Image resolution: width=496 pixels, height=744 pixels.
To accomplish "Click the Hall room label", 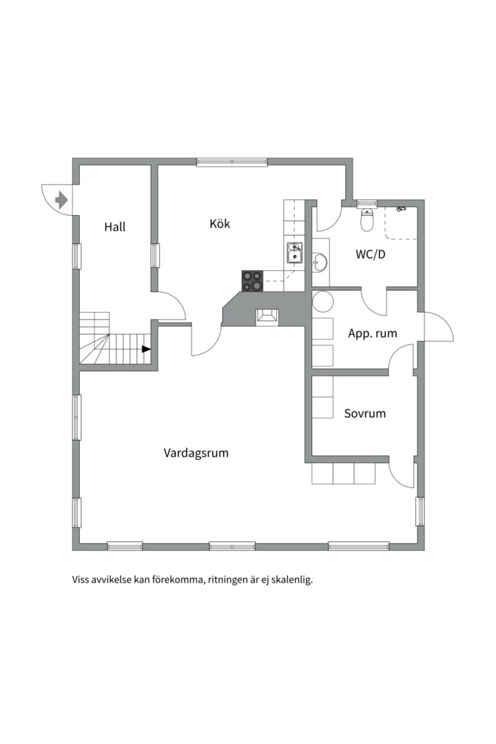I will pyautogui.click(x=115, y=227).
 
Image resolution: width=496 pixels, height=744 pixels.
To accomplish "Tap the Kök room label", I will pyautogui.click(x=220, y=224).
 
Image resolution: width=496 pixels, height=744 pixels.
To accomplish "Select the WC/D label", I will pyautogui.click(x=370, y=254).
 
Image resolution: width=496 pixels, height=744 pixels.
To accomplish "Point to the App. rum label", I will pyautogui.click(x=373, y=333).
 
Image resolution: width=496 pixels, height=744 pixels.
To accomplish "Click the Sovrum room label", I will pyautogui.click(x=364, y=413).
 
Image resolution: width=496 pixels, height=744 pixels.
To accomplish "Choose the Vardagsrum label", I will pyautogui.click(x=196, y=453).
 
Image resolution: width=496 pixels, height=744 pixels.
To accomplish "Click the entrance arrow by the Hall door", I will pyautogui.click(x=61, y=200).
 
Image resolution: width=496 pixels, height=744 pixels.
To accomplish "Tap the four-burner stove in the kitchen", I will pyautogui.click(x=252, y=280).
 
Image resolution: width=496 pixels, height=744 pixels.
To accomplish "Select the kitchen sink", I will pyautogui.click(x=295, y=254).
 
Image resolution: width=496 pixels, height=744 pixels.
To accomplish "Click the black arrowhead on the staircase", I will pyautogui.click(x=146, y=349).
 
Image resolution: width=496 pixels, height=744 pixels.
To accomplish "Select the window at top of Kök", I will pyautogui.click(x=231, y=162).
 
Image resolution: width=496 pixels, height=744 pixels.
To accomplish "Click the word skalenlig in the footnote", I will pyautogui.click(x=292, y=579).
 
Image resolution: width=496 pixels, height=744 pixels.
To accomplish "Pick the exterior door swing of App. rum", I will pyautogui.click(x=438, y=328).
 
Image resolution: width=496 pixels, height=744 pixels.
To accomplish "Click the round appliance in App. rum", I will pyautogui.click(x=322, y=302).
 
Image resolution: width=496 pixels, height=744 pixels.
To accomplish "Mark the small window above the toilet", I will pyautogui.click(x=366, y=203).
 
